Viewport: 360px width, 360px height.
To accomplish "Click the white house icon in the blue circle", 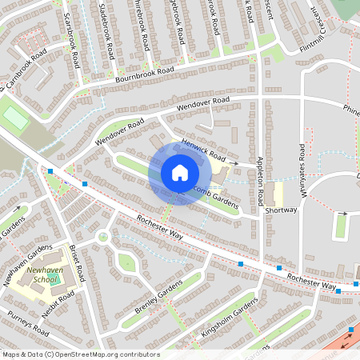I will tap(179, 173).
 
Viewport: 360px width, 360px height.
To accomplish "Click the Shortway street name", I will tap(281, 210).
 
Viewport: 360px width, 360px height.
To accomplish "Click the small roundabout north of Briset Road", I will tap(102, 236).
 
